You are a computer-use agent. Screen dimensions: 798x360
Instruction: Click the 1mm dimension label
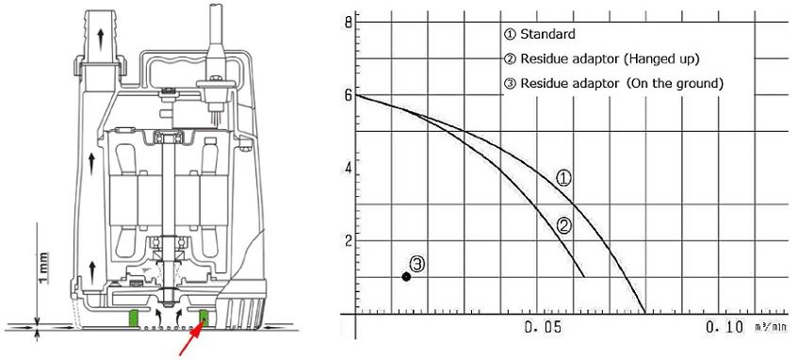[44, 268]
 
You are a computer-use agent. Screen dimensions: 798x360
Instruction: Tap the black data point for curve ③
[406, 276]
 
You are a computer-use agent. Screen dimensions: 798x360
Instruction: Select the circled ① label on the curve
[563, 178]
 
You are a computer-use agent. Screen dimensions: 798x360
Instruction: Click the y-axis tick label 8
[348, 23]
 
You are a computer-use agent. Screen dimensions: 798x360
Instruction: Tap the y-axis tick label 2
[347, 240]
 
